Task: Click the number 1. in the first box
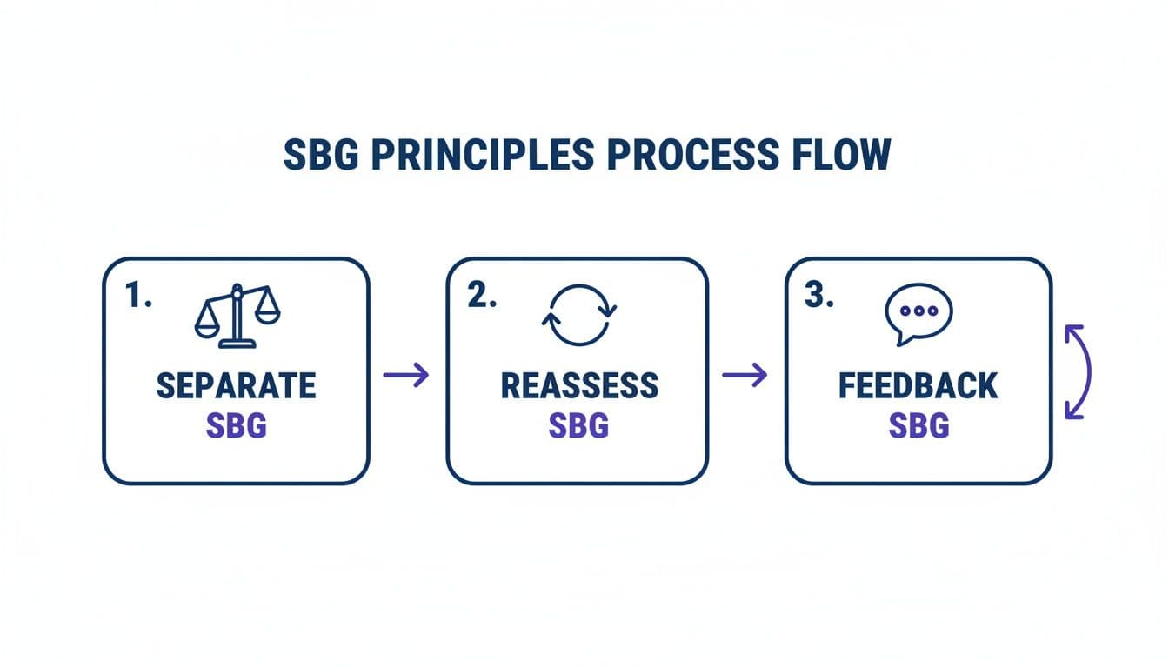pyautogui.click(x=138, y=296)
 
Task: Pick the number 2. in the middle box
pyautogui.click(x=482, y=296)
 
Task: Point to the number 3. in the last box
pyautogui.click(x=819, y=296)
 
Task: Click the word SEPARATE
pyautogui.click(x=237, y=386)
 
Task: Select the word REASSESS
pyautogui.click(x=579, y=386)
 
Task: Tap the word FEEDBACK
pyautogui.click(x=918, y=386)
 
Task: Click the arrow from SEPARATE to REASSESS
pyautogui.click(x=406, y=375)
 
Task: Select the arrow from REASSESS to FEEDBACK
pyautogui.click(x=745, y=375)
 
